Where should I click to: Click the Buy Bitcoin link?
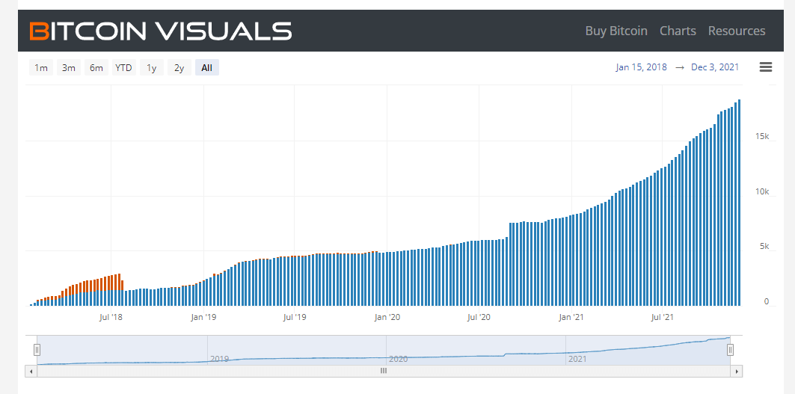(616, 31)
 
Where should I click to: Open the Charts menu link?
(678, 31)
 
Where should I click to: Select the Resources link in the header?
(737, 31)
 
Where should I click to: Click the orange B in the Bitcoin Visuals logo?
(39, 31)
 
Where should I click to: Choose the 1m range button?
(41, 67)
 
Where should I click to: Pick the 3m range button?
(69, 67)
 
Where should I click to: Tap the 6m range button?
(96, 67)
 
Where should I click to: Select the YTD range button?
(123, 67)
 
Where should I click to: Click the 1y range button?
(152, 67)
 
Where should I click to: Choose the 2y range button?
(179, 67)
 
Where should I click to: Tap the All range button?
(207, 67)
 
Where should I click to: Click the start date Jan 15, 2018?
(642, 67)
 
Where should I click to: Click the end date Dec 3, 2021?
(715, 67)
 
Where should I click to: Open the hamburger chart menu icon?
(766, 67)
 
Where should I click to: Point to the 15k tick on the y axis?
(762, 137)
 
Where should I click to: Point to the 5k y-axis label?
(764, 247)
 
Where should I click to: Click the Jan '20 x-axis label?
(387, 318)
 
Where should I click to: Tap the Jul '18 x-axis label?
(111, 318)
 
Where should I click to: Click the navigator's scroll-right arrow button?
(736, 371)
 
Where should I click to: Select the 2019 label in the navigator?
(220, 359)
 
